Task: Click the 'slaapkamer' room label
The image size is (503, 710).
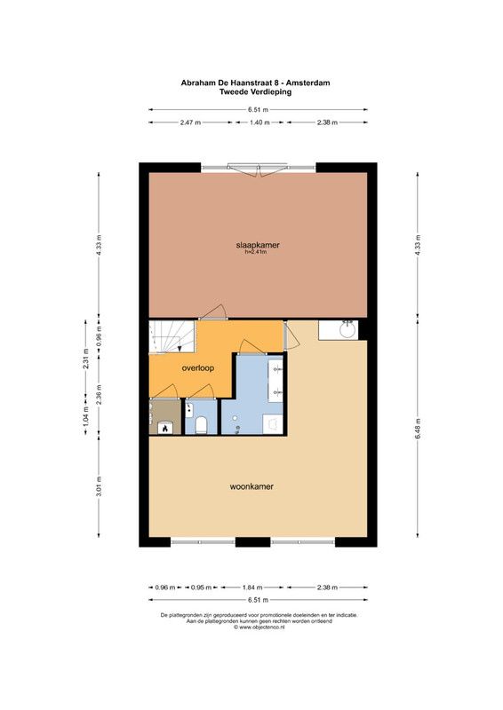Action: click(258, 245)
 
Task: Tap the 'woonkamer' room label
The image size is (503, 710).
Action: click(251, 486)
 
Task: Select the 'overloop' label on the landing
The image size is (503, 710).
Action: click(198, 368)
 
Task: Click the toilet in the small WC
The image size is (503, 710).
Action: click(201, 425)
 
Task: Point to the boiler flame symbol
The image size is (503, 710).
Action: click(165, 427)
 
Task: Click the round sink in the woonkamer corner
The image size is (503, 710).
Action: click(347, 329)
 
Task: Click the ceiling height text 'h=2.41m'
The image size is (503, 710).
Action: click(255, 252)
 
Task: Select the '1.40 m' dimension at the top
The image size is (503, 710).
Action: click(259, 122)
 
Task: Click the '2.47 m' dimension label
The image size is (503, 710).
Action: click(190, 122)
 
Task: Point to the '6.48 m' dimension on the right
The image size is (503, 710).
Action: click(418, 428)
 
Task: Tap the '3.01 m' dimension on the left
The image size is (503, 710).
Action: click(99, 486)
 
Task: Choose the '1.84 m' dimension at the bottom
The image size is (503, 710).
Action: click(252, 588)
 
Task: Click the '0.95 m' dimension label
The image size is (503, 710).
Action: click(201, 588)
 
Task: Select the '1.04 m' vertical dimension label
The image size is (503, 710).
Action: click(85, 415)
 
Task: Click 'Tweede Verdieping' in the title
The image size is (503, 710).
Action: click(255, 91)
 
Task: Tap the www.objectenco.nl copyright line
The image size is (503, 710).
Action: click(259, 627)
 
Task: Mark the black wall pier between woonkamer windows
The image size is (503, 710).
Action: click(252, 542)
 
